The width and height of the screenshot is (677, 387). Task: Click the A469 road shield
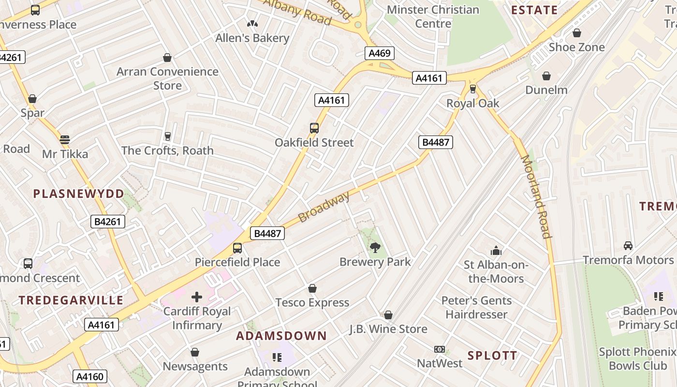(x=379, y=53)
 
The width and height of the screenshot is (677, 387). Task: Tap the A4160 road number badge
(x=90, y=376)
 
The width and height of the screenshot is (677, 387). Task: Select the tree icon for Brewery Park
(x=375, y=248)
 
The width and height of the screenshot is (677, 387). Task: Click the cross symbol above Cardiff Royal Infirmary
(x=197, y=297)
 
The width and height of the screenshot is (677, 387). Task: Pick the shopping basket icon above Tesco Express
(x=312, y=289)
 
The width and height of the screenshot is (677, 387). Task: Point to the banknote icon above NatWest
(x=440, y=349)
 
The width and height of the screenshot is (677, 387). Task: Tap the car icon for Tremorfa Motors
(x=628, y=246)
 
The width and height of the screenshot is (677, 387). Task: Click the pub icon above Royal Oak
(x=473, y=89)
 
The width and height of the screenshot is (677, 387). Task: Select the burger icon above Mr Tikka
(x=65, y=140)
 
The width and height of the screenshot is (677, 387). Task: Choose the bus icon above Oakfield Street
(x=314, y=128)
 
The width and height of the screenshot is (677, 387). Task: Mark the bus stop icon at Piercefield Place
(x=237, y=248)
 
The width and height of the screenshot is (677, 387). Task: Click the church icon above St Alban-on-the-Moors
(x=496, y=251)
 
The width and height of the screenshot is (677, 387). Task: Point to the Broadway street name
(x=324, y=207)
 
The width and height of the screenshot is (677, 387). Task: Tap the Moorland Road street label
(x=536, y=197)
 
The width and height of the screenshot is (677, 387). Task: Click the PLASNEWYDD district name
(x=79, y=194)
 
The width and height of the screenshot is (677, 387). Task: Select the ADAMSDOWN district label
(x=281, y=336)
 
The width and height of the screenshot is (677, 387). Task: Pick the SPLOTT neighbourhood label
(x=492, y=356)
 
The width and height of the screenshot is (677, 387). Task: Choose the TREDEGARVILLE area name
(x=71, y=300)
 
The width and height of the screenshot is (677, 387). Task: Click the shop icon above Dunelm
(x=546, y=76)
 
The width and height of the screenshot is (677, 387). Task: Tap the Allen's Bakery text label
(x=252, y=38)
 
